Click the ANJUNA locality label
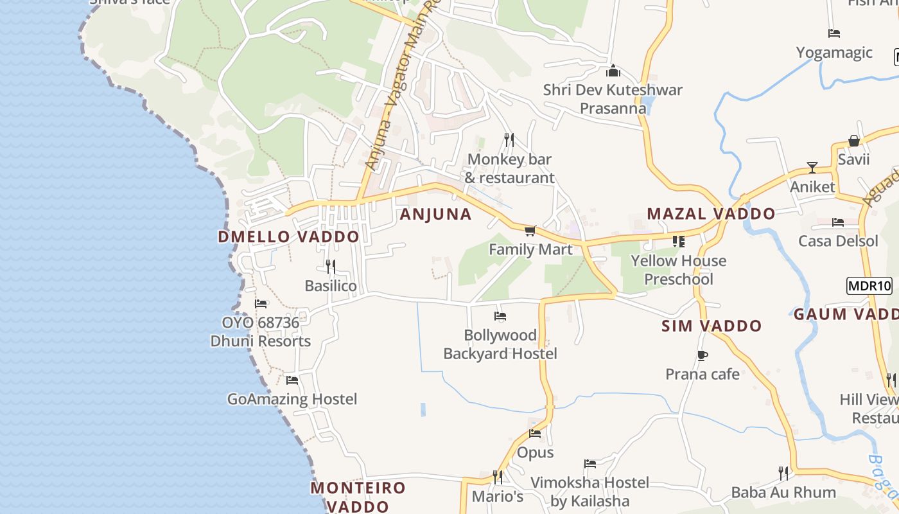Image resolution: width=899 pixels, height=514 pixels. pyautogui.click(x=435, y=215)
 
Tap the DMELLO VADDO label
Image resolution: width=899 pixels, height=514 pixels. pyautogui.click(x=288, y=236)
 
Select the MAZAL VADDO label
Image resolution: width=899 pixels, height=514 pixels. pyautogui.click(x=711, y=214)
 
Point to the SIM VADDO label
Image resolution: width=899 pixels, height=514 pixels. pyautogui.click(x=711, y=326)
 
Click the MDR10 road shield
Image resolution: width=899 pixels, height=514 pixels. pyautogui.click(x=869, y=286)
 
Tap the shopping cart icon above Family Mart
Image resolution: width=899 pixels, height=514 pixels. pyautogui.click(x=530, y=231)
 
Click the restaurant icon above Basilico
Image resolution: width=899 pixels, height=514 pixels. pyautogui.click(x=331, y=266)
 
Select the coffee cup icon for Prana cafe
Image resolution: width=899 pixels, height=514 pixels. pyautogui.click(x=703, y=355)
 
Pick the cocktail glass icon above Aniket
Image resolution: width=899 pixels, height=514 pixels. pyautogui.click(x=812, y=168)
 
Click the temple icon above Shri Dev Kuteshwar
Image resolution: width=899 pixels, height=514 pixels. pyautogui.click(x=613, y=71)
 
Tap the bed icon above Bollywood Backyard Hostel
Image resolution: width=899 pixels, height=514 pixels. pyautogui.click(x=500, y=316)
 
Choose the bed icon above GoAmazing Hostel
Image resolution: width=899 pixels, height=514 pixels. pyautogui.click(x=292, y=380)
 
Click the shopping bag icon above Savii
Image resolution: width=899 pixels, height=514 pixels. pyautogui.click(x=853, y=141)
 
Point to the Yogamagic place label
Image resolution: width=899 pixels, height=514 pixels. pyautogui.click(x=834, y=53)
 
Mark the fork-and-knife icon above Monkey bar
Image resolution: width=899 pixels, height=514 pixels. pyautogui.click(x=509, y=140)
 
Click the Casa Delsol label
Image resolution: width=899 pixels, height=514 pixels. pyautogui.click(x=838, y=241)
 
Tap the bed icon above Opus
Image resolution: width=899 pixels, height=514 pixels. pyautogui.click(x=535, y=434)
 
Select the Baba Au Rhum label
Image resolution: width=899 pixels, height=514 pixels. pyautogui.click(x=783, y=493)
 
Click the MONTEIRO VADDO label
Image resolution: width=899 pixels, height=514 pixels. pyautogui.click(x=358, y=497)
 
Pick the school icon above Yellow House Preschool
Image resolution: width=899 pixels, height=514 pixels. pyautogui.click(x=679, y=242)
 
